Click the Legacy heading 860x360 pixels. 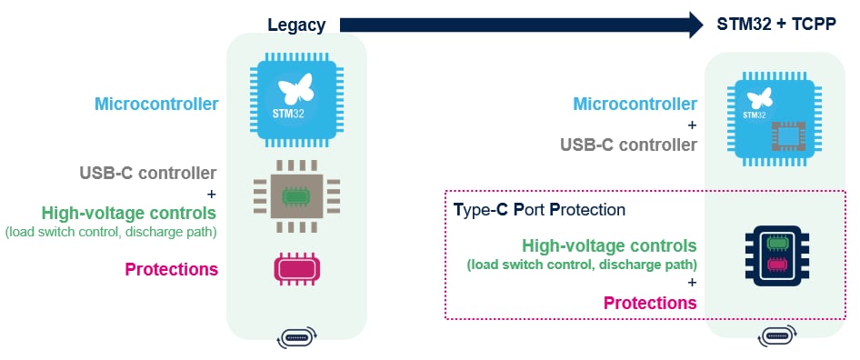pyautogui.click(x=295, y=25)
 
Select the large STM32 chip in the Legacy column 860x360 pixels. pyautogui.click(x=296, y=99)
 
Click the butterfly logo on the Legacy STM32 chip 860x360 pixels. pyautogui.click(x=296, y=89)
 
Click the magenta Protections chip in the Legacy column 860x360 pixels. pyautogui.click(x=296, y=269)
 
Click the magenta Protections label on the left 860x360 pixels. pyautogui.click(x=171, y=269)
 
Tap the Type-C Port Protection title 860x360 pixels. pyautogui.click(x=539, y=210)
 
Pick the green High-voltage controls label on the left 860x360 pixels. pyautogui.click(x=128, y=213)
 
